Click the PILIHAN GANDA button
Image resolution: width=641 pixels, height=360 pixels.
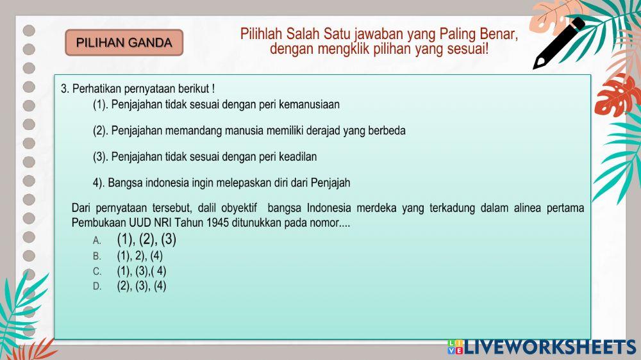124,43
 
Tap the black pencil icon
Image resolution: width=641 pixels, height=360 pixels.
558,43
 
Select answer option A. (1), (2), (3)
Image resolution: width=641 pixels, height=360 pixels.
146,240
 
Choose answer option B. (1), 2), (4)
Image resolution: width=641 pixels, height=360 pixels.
140,256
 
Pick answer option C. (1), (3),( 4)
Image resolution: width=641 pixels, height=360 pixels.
141,271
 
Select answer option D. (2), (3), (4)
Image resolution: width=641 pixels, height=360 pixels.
141,286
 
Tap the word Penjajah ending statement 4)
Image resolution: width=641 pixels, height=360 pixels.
331,183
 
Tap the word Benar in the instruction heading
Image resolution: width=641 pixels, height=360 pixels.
498,33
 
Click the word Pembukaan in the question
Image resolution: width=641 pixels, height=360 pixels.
97,223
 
